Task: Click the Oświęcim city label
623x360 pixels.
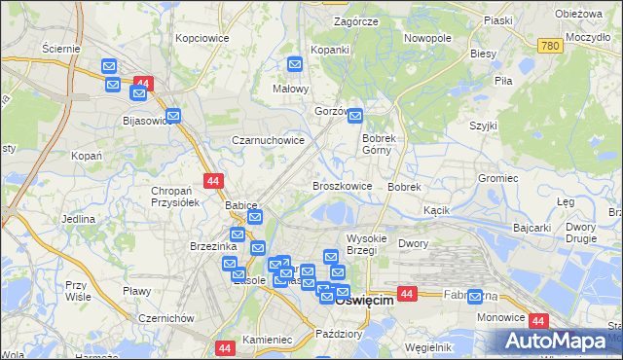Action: pos(364,301)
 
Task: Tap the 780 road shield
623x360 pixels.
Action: pos(551,45)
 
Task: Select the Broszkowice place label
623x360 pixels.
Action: pos(342,185)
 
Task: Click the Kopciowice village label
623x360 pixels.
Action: pos(202,39)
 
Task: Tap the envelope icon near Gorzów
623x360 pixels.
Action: pos(355,116)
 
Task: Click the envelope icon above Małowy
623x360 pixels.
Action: pos(296,64)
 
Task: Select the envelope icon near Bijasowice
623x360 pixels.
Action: pos(173,116)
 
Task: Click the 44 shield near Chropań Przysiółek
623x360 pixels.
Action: pos(214,180)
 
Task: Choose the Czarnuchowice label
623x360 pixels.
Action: pos(268,140)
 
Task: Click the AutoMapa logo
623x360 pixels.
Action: pos(559,341)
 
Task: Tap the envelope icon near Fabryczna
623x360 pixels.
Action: pos(474,297)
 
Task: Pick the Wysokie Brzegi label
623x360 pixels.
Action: pos(368,244)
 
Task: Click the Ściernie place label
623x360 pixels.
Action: pos(61,48)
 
